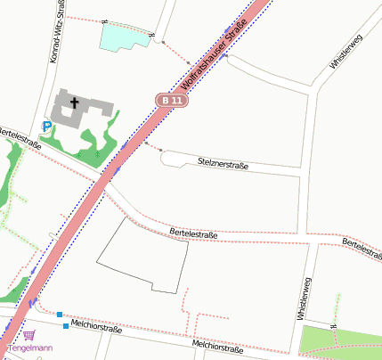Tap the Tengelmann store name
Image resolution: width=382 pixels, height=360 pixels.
tap(29, 348)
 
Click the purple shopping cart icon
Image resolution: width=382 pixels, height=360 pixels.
tap(29, 335)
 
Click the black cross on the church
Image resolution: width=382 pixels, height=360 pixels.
tap(75, 103)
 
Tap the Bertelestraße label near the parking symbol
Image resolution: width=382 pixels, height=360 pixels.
tap(20, 138)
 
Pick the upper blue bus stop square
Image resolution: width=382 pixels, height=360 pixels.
tap(59, 315)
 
